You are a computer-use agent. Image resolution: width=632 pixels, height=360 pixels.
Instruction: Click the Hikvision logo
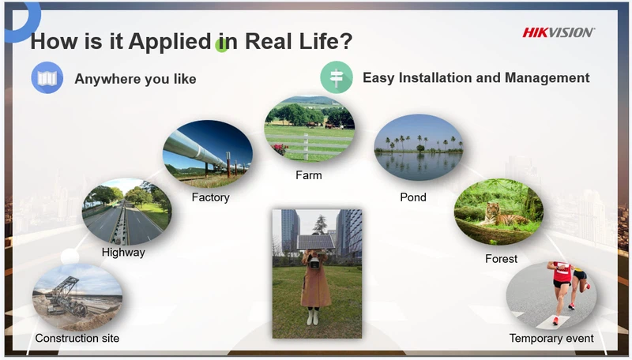[558, 32]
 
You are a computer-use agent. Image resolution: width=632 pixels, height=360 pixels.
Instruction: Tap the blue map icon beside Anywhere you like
[47, 77]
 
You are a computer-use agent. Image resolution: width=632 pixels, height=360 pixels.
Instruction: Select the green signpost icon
[337, 77]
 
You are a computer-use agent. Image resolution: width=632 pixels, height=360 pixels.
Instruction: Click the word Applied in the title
[170, 42]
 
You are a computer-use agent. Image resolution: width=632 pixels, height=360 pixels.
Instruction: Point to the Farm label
[309, 175]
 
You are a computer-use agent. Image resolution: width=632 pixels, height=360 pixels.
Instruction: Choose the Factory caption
[210, 197]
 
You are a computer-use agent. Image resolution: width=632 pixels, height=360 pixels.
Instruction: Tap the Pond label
[413, 197]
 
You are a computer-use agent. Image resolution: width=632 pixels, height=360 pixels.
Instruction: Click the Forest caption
[501, 258]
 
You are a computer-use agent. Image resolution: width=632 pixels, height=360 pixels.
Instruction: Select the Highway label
[123, 253]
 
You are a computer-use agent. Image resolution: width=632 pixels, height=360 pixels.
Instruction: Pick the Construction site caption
[77, 338]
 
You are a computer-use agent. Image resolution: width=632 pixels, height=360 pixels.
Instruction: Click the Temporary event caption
[551, 338]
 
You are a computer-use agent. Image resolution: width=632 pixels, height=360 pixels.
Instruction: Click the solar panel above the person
[315, 242]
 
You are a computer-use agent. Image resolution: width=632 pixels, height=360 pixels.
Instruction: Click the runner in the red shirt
[562, 290]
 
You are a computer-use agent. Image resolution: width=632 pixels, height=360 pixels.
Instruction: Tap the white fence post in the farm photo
[307, 147]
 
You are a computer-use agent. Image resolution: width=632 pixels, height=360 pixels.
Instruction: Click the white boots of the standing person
[312, 316]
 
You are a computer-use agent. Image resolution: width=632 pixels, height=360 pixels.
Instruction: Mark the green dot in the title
[221, 45]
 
